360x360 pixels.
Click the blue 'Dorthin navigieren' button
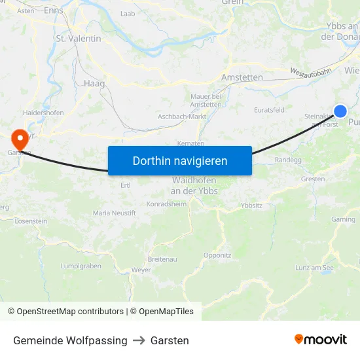[x=180, y=160]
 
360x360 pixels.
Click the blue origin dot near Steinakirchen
[x=340, y=111]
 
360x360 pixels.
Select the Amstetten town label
[x=242, y=77]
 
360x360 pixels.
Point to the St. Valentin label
[x=79, y=39]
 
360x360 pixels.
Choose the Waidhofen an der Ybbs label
[x=194, y=185]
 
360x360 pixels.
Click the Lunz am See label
[x=315, y=268]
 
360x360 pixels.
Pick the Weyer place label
[x=141, y=270]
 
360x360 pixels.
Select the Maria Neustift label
[x=115, y=213]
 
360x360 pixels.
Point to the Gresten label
[x=313, y=179]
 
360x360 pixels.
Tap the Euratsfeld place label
[x=269, y=110]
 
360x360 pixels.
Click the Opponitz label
[x=217, y=255]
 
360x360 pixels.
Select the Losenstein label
[x=31, y=221]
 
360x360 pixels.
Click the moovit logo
[x=321, y=340]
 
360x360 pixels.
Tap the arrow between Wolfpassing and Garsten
[x=139, y=340]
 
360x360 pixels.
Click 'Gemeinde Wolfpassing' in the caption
[x=70, y=340]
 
